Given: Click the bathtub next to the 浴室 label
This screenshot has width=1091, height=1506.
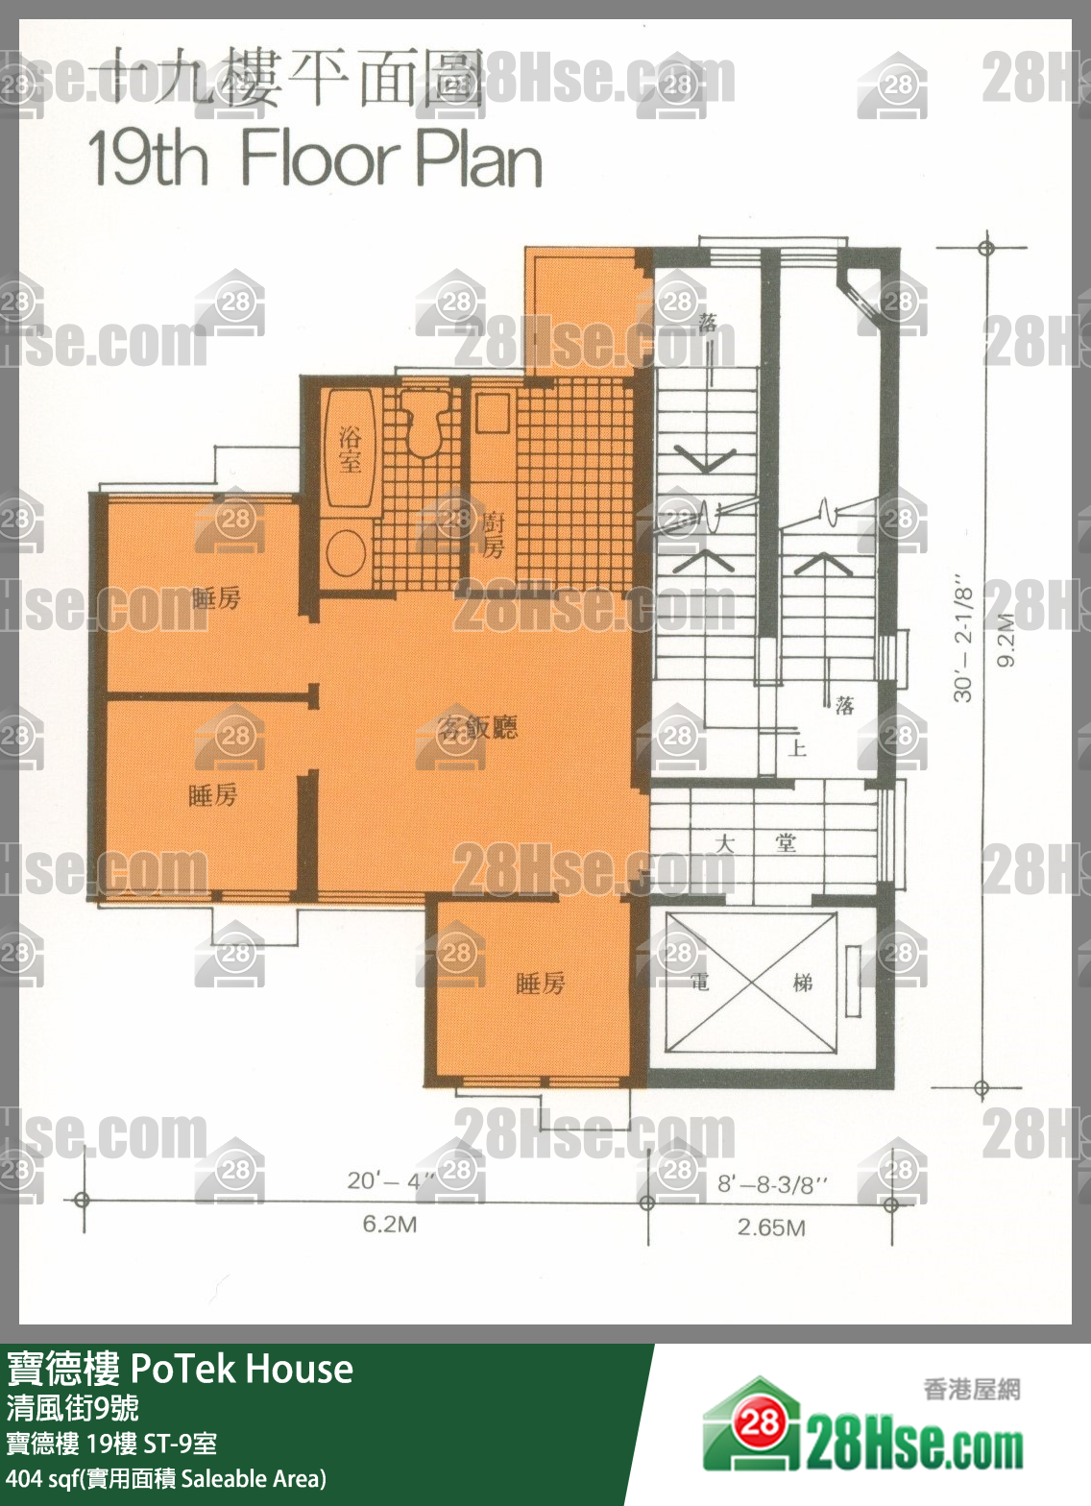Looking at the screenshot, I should tap(350, 449).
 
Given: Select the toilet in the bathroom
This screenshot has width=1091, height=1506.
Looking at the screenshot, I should tap(423, 423).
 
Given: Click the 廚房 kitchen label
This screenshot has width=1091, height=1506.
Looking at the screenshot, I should tap(492, 535).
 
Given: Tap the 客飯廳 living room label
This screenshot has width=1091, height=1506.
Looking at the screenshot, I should tap(477, 727).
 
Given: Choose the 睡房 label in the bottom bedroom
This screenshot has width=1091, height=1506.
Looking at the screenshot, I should tap(541, 983).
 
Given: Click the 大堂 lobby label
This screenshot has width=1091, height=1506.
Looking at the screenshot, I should tap(756, 843).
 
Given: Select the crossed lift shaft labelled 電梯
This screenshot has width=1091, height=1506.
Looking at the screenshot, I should tap(750, 984).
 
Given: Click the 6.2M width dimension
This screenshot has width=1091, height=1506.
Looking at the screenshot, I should tap(389, 1225).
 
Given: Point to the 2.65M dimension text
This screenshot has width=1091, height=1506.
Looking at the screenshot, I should tap(771, 1227).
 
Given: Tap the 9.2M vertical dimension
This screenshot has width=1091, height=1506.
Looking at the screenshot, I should tap(1006, 640).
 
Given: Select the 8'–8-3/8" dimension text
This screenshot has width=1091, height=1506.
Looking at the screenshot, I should tap(772, 1184).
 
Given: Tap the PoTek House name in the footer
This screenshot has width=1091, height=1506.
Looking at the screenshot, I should tap(241, 1369).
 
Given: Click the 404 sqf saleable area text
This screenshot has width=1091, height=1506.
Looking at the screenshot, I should tap(166, 1478).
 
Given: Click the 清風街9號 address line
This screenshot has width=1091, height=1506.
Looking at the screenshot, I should tap(73, 1408).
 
